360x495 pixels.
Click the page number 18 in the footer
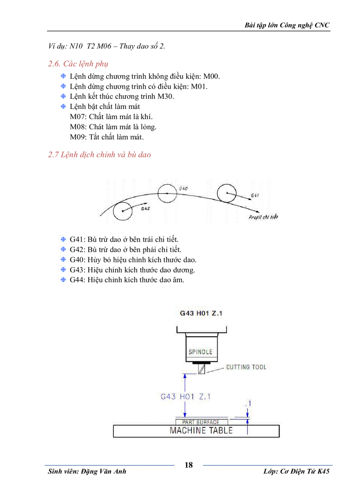(x=189, y=465)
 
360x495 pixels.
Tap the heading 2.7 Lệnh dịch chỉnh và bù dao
(x=99, y=155)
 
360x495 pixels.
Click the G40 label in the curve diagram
(x=184, y=188)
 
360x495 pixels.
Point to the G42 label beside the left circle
(x=146, y=208)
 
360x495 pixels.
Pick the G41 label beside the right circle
(x=255, y=195)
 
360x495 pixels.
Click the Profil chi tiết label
(x=263, y=217)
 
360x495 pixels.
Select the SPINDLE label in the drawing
(x=200, y=352)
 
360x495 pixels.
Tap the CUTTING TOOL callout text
(x=246, y=367)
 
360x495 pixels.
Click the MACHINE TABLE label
(x=201, y=430)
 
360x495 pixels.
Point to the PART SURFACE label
(x=201, y=422)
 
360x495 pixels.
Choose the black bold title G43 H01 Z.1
(x=200, y=314)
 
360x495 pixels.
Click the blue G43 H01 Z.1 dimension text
(x=185, y=397)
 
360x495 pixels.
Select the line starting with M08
(x=113, y=127)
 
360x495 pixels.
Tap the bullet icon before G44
(x=64, y=280)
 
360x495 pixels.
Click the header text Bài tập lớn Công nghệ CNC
(x=287, y=25)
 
